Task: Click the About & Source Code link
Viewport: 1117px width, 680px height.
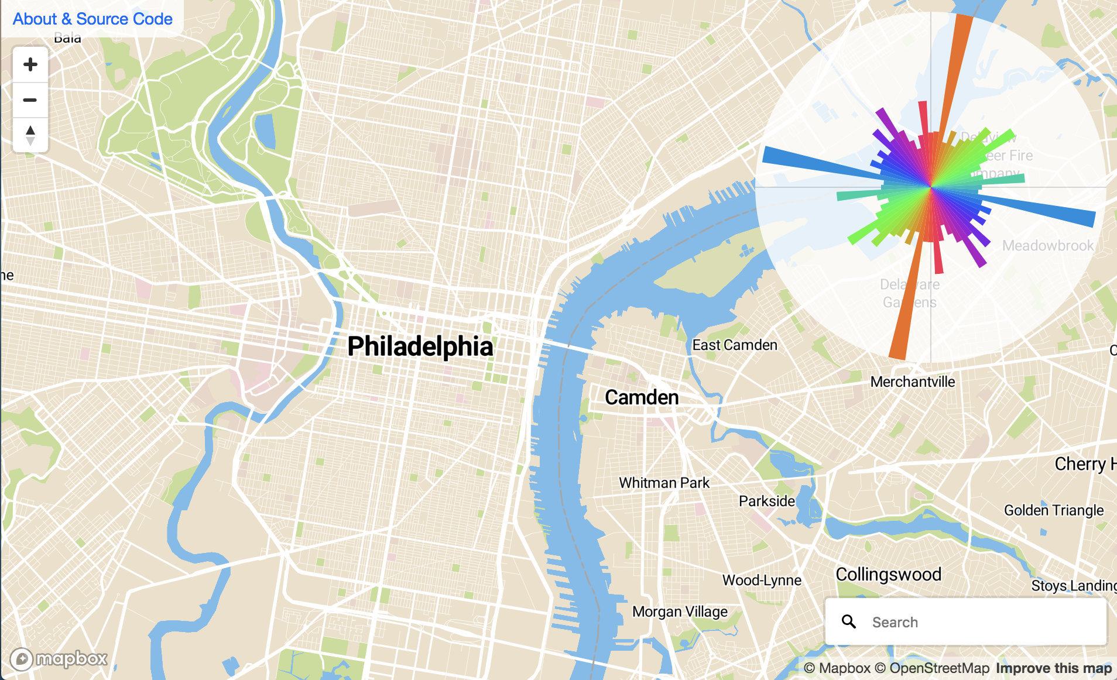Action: point(92,19)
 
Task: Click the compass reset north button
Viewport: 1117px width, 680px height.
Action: point(30,135)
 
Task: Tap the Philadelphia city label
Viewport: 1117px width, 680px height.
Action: point(420,346)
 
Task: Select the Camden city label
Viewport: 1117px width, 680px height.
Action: point(642,397)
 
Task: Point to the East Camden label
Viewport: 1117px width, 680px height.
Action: point(735,345)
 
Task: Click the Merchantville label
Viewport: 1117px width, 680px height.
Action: point(912,382)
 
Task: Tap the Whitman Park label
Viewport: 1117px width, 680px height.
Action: point(664,483)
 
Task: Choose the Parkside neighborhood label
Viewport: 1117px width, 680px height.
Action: point(766,502)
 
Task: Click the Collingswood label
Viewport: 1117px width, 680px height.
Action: point(888,574)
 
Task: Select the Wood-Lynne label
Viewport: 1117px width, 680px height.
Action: point(762,581)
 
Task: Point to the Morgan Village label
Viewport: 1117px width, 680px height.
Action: point(680,612)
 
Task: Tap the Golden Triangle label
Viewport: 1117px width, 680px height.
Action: point(1053,510)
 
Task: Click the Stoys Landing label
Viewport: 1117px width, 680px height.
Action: point(1074,586)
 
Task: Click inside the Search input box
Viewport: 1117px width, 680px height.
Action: point(984,622)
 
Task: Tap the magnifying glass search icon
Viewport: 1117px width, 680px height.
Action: point(849,621)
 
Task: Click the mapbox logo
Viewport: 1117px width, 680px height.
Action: point(59,660)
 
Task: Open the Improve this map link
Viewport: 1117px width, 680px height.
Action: point(1053,668)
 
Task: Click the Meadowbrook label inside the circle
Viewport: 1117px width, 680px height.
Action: point(1047,246)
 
